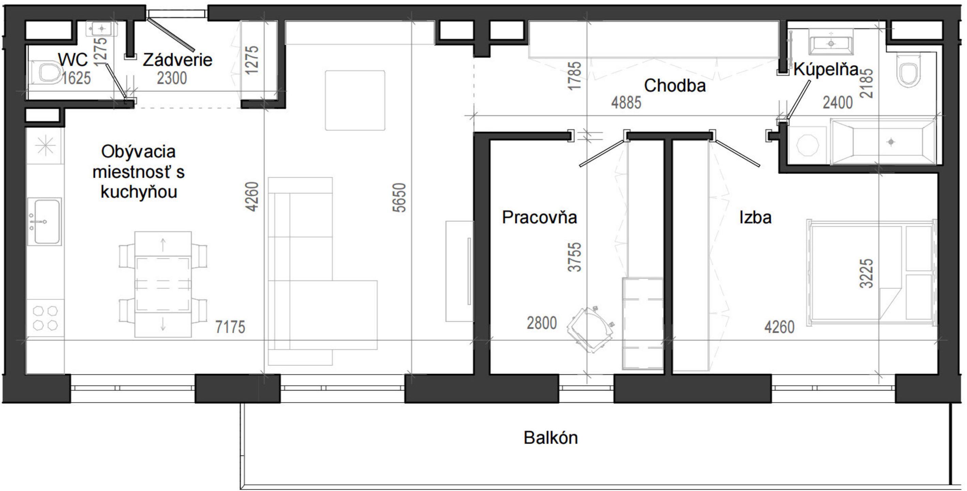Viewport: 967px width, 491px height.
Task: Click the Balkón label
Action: (550, 438)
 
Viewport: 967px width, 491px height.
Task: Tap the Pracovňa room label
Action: (540, 218)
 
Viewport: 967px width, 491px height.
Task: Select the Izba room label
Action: (755, 218)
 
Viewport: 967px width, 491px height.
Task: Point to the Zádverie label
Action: (177, 60)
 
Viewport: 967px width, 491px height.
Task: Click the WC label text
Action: (73, 59)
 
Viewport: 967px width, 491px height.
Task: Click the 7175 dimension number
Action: (230, 327)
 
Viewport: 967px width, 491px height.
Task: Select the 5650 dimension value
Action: (400, 198)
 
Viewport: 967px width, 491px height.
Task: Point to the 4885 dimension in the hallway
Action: (626, 103)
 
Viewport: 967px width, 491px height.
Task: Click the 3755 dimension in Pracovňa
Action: (574, 257)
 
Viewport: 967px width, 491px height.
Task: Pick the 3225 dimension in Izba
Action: (867, 273)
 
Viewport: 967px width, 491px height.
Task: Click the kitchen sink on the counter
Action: (45, 222)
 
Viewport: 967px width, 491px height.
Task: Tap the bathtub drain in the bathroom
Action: (891, 142)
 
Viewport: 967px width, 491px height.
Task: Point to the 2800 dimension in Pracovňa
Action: (542, 323)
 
